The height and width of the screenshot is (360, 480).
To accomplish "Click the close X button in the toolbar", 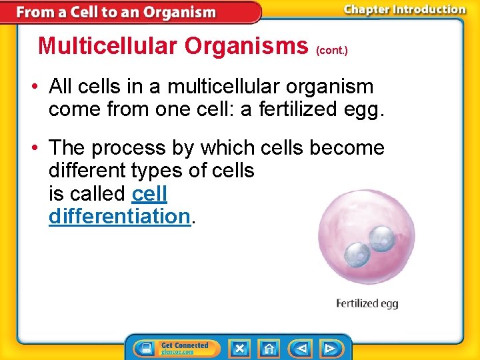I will point(240,348).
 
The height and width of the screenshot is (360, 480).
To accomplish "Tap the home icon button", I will point(269,348).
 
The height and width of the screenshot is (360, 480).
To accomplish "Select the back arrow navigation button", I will point(301,348).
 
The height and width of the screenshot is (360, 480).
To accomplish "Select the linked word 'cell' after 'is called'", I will point(150,193).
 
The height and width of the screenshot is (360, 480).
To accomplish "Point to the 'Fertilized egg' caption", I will point(367,304).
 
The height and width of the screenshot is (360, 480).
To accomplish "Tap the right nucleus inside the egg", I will point(382,237).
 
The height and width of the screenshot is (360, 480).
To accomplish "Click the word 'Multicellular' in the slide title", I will point(108,45).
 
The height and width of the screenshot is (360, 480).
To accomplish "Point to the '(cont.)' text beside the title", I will point(332,50).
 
